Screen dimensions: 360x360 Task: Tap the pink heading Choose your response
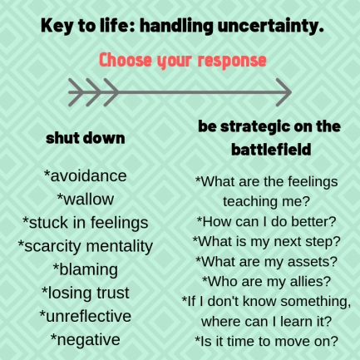[183, 60]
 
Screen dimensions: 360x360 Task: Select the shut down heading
[86, 138]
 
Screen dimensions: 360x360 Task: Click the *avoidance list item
[86, 175]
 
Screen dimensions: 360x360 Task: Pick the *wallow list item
[86, 199]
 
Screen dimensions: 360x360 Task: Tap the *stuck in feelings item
[86, 222]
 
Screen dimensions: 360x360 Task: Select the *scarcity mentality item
[86, 245]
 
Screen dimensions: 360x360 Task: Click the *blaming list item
[86, 269]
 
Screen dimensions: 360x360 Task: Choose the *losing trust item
[86, 293]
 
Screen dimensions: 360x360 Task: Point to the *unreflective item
[86, 316]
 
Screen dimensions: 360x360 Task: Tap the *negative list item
[86, 339]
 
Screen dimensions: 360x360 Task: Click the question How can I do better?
[267, 220]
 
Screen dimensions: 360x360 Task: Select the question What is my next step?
[267, 241]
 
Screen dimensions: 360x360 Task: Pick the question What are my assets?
[267, 261]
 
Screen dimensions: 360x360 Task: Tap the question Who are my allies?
[267, 280]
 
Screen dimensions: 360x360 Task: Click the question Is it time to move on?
[267, 340]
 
